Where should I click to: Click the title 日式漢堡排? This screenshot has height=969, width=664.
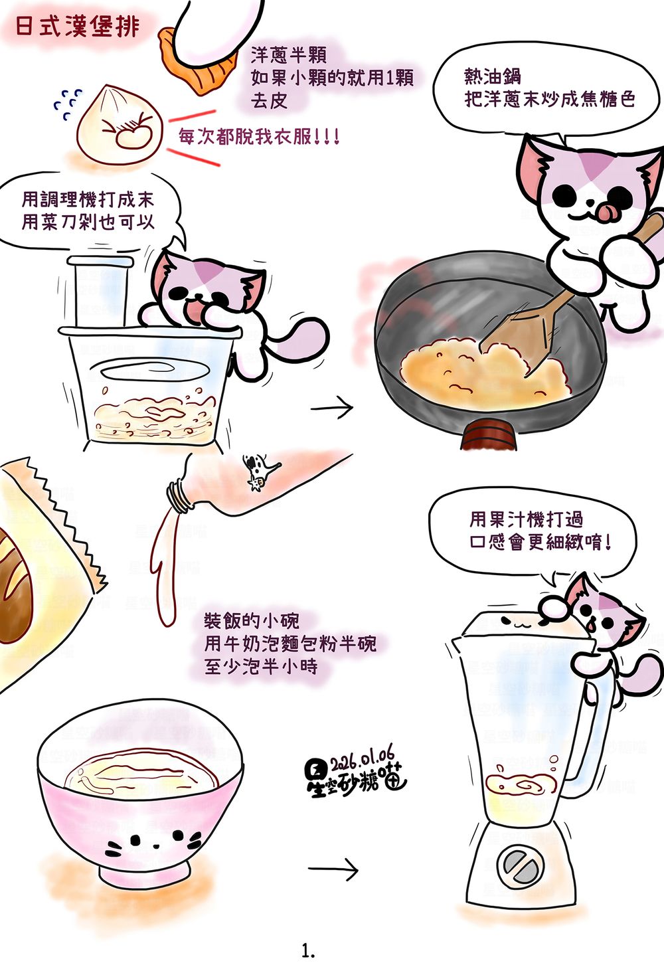78,27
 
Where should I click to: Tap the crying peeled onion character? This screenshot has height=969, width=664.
119,125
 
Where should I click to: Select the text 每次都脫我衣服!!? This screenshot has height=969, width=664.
259,137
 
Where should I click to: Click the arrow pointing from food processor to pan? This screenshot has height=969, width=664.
332,408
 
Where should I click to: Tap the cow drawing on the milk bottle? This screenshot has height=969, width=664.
260,471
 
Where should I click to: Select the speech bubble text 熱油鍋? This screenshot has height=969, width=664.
492,76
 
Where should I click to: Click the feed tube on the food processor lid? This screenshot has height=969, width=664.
100,291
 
